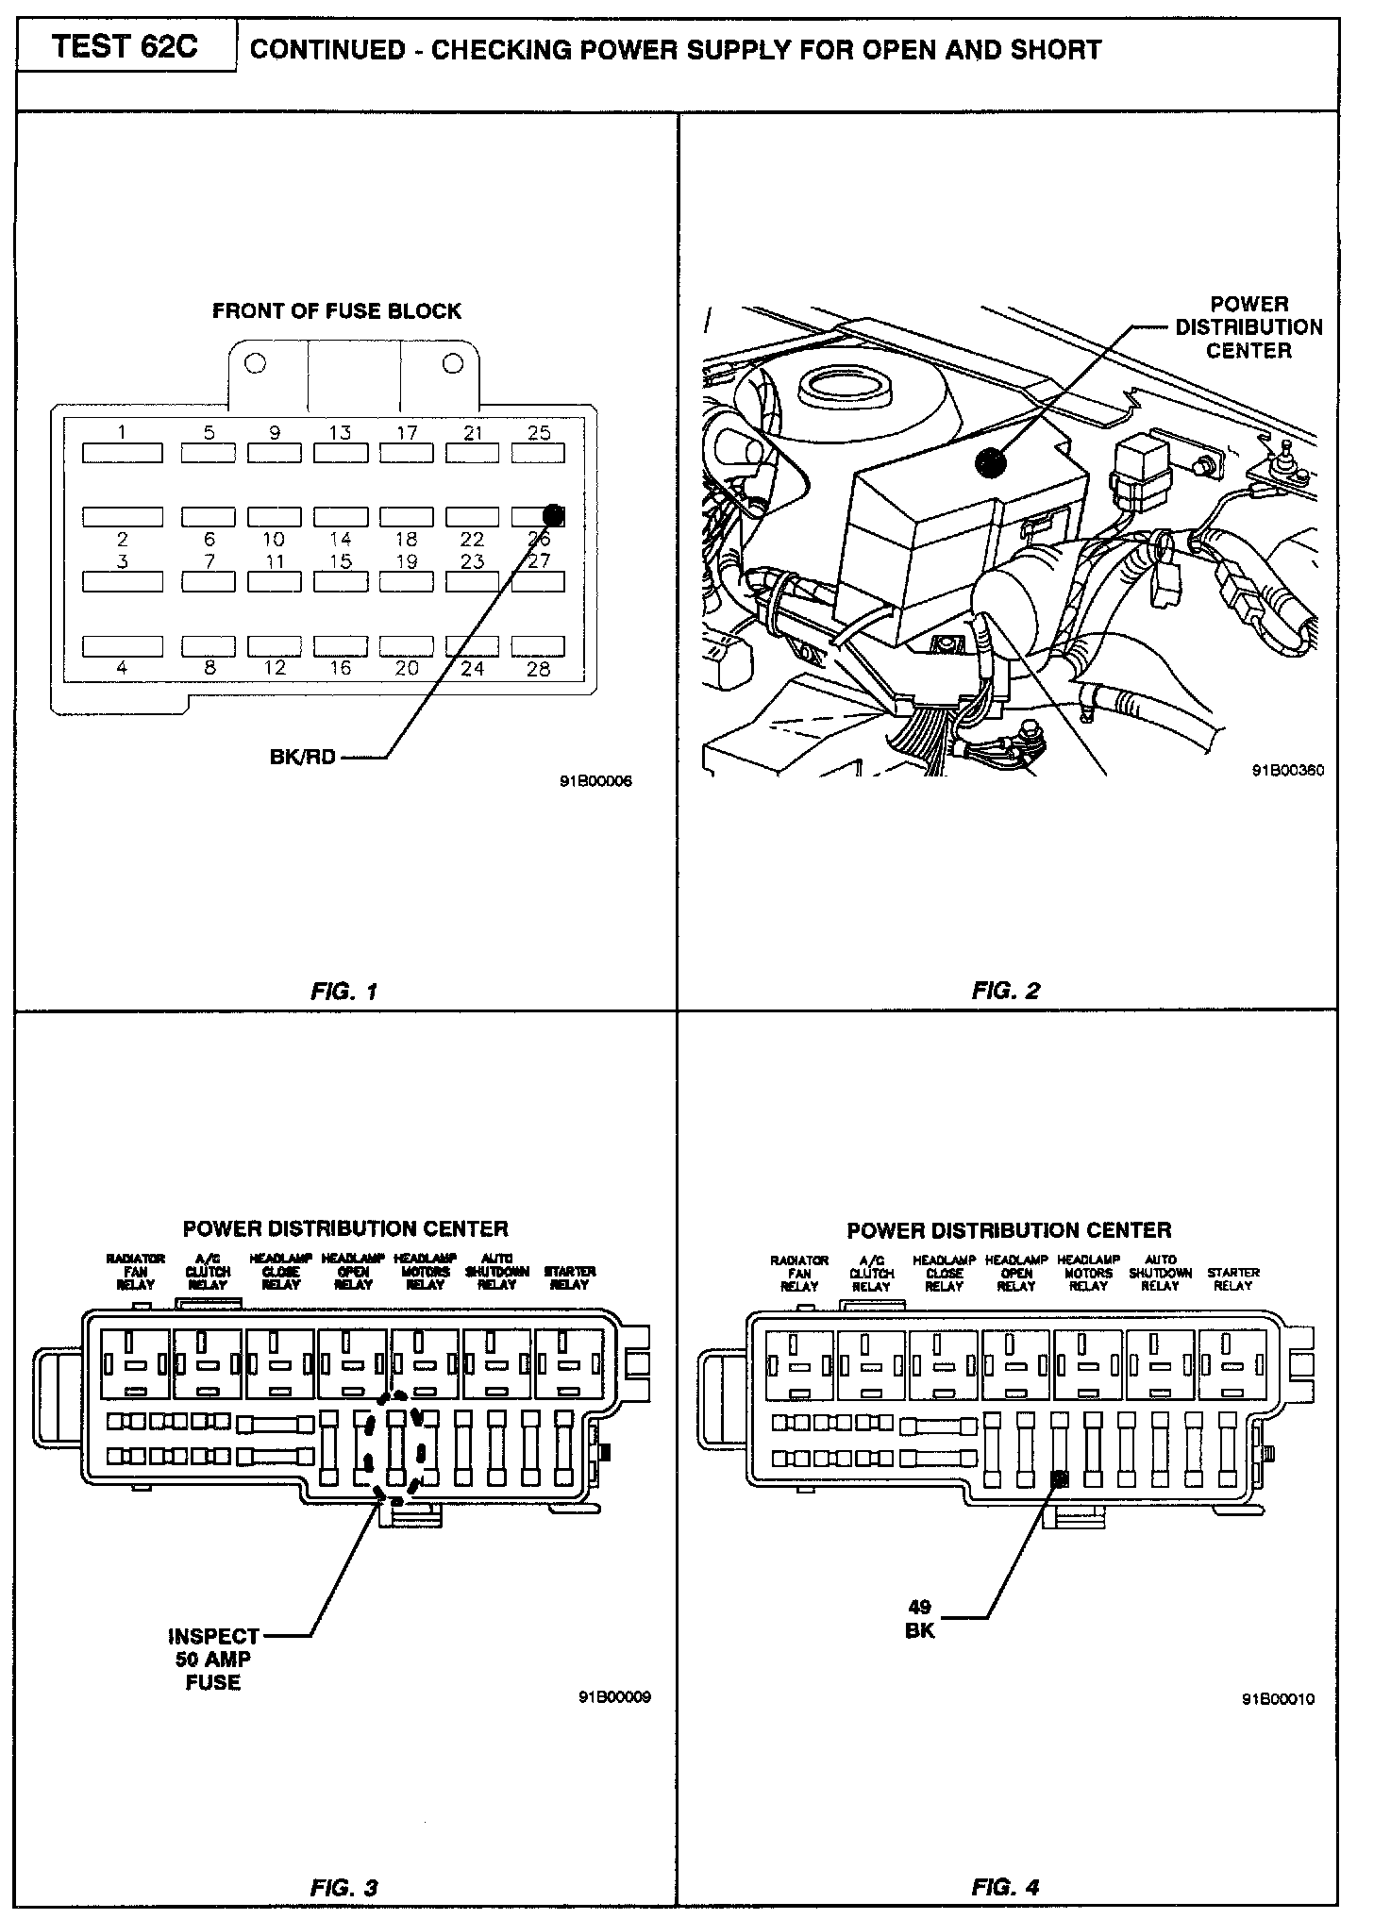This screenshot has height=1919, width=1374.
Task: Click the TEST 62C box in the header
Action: pos(126,47)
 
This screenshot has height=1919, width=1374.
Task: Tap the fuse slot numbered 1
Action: pos(122,453)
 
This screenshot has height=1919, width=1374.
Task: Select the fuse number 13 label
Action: pos(340,432)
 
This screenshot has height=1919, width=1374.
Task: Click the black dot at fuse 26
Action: pos(554,515)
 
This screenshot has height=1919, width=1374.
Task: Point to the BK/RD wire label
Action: pos(302,757)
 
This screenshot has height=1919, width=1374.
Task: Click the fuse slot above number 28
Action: pos(538,646)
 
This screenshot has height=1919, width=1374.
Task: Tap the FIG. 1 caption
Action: pos(344,992)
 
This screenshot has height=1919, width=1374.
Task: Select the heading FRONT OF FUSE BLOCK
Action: pos(337,311)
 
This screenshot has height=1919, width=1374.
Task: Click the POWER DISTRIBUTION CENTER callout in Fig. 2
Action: pos(1248,327)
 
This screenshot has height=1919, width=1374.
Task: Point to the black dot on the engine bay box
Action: pos(990,462)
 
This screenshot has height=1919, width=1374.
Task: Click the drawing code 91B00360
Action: pos(1288,769)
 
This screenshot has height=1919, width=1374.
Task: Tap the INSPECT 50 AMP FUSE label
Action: pos(213,1659)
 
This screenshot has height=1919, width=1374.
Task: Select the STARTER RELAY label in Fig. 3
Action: pos(570,1277)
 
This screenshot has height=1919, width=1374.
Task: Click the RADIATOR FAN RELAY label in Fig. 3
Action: pos(136,1271)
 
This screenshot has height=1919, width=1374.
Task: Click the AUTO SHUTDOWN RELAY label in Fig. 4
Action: pos(1160,1273)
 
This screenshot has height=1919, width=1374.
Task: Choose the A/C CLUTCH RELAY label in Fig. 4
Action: pos(871,1273)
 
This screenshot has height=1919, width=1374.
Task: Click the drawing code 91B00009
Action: pos(615,1697)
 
